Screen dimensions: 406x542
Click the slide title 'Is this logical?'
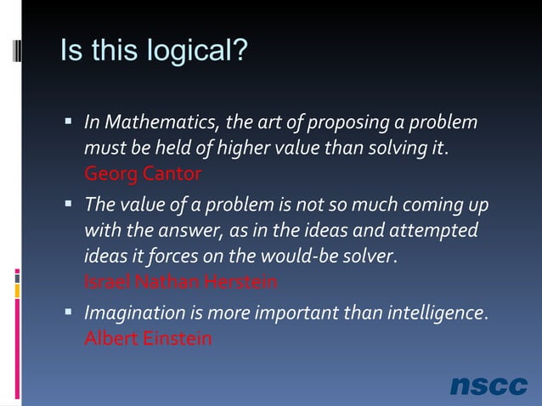[x=154, y=52]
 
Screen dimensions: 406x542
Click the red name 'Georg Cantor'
[x=143, y=175]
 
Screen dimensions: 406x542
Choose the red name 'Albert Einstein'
[x=148, y=338]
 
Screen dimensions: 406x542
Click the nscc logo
[x=488, y=386]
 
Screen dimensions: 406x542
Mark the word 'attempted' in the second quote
[x=433, y=231]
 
